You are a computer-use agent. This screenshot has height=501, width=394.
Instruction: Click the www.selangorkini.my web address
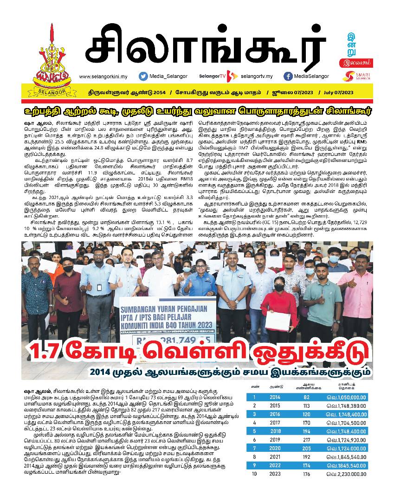coord(106,77)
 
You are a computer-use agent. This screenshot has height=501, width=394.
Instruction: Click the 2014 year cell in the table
coord(275,398)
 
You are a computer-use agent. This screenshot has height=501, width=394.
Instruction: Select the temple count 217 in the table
coord(306,440)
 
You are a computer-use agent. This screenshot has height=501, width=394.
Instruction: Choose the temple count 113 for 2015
coord(306,406)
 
